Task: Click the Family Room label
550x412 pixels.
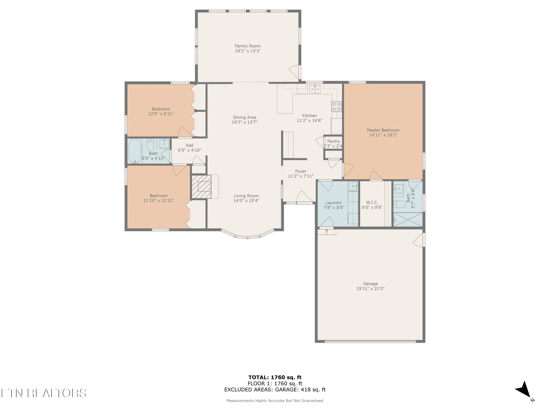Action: pyautogui.click(x=248, y=46)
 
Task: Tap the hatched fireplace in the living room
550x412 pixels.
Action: pyautogui.click(x=201, y=187)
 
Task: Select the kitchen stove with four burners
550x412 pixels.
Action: pyautogui.click(x=337, y=106)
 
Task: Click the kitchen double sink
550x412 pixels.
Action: pyautogui.click(x=315, y=89)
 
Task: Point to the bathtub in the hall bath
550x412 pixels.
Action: pyautogui.click(x=135, y=151)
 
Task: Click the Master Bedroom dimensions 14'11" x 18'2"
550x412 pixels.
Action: pyautogui.click(x=383, y=135)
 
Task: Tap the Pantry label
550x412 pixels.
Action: pyautogui.click(x=333, y=141)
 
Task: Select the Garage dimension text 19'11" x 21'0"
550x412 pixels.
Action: pyautogui.click(x=370, y=288)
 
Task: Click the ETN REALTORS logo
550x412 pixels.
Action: pyautogui.click(x=44, y=393)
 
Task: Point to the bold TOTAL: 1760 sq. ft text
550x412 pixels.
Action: pyautogui.click(x=275, y=377)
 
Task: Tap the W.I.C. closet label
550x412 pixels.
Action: pyautogui.click(x=372, y=202)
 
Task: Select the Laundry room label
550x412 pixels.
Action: pyautogui.click(x=334, y=203)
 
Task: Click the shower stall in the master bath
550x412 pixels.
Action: pyautogui.click(x=408, y=220)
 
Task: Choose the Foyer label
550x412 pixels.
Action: pyautogui.click(x=301, y=171)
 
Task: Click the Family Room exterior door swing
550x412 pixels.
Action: pyautogui.click(x=294, y=72)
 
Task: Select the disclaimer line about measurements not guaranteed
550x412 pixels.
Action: pyautogui.click(x=275, y=401)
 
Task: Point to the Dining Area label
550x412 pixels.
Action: pyautogui.click(x=244, y=117)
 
